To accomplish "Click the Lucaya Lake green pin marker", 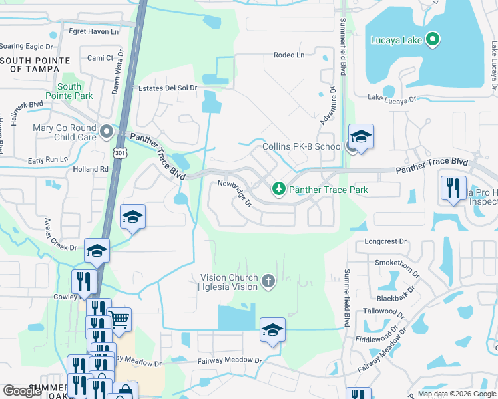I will pos(433,40).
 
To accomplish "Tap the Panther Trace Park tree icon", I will pos(279,190).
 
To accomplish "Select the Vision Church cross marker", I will pos(268,281).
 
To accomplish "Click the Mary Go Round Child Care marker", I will pos(107,132).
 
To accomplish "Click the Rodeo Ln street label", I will pos(288,55).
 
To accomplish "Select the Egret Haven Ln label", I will pos(93,31).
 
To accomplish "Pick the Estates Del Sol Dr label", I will pos(168,88).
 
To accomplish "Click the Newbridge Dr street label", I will pos(234,192).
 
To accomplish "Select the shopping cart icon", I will pos(119,319).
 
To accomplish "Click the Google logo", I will pos(23,391).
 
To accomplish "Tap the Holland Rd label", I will pos(91,169).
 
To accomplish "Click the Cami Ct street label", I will pos(100,58).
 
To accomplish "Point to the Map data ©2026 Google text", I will pos(457,394).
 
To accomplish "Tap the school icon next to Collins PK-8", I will pos(361,138).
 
